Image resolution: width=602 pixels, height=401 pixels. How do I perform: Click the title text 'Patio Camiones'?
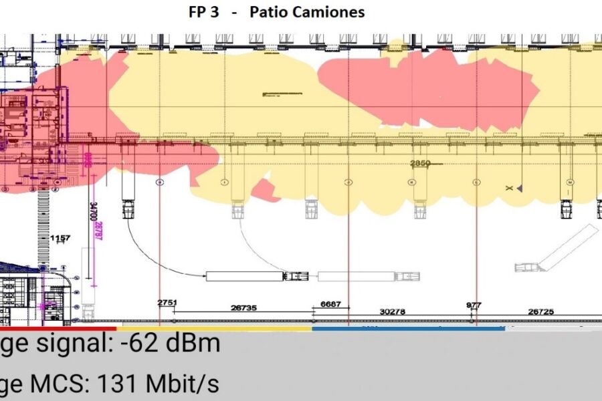tap(307, 13)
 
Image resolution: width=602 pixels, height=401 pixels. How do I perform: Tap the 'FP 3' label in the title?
tap(203, 13)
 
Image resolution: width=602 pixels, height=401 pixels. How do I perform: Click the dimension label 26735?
tap(243, 308)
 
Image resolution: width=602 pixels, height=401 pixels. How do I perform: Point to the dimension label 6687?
tap(330, 304)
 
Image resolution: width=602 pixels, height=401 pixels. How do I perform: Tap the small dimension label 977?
tap(473, 305)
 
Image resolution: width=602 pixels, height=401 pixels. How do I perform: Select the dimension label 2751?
tap(167, 303)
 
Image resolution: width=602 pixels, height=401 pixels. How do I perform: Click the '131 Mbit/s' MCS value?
tap(159, 384)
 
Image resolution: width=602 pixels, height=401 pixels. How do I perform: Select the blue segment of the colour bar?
tap(408, 328)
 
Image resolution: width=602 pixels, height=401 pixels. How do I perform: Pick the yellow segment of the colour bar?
tap(214, 328)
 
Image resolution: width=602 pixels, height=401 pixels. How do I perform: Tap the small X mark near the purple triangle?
tap(510, 189)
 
